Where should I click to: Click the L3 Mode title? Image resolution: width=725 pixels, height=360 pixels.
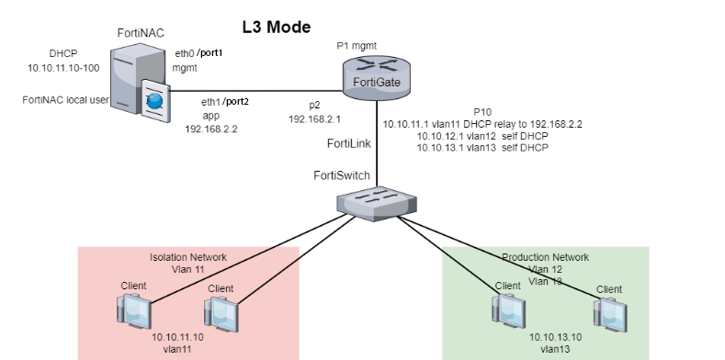pyautogui.click(x=276, y=27)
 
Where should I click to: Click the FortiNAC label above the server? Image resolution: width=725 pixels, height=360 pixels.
pyautogui.click(x=141, y=33)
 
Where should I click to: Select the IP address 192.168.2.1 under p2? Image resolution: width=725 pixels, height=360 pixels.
pyautogui.click(x=314, y=119)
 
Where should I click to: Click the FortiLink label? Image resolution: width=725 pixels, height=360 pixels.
pyautogui.click(x=349, y=145)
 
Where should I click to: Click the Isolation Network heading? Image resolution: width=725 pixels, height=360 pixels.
pyautogui.click(x=187, y=257)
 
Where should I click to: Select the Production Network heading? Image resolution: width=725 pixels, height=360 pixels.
pyautogui.click(x=546, y=257)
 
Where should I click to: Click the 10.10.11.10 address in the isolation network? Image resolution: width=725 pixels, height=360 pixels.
pyautogui.click(x=177, y=337)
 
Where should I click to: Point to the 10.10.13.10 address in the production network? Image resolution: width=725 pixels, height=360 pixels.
pyautogui.click(x=556, y=337)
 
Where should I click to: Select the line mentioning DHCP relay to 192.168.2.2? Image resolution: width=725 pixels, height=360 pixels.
pyautogui.click(x=482, y=123)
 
